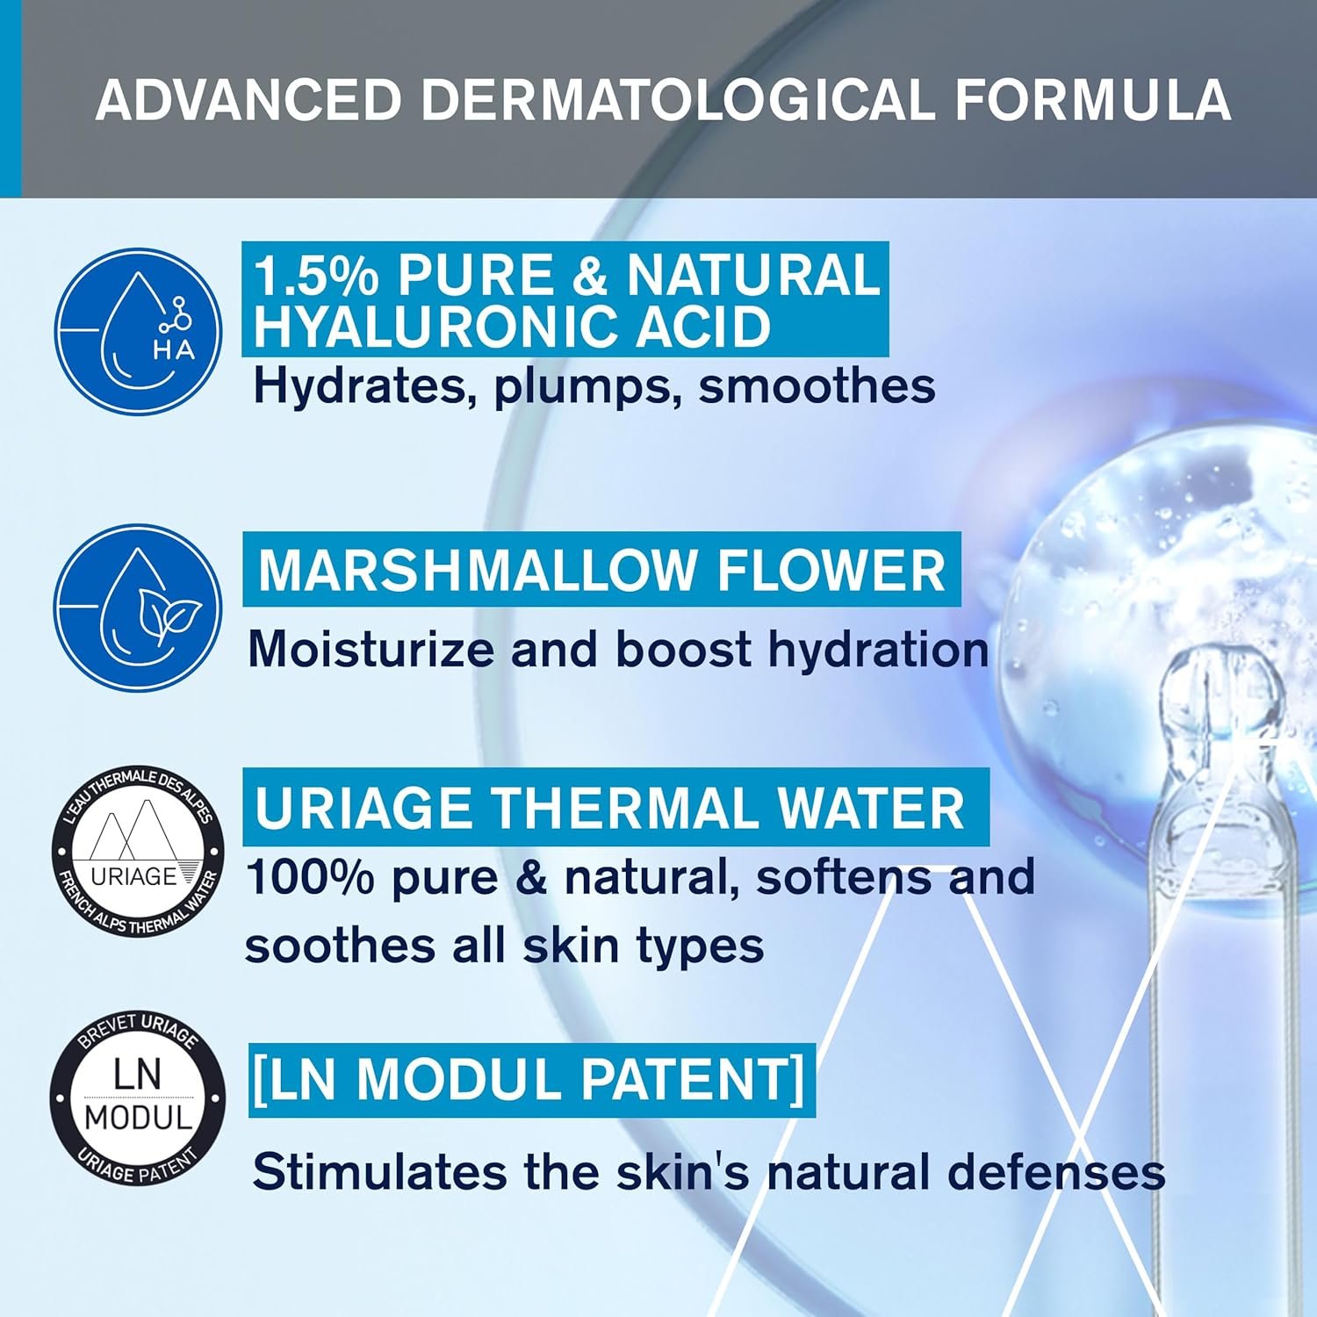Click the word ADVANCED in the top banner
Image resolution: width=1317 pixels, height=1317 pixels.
point(248,99)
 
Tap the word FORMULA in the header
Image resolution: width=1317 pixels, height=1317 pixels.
point(1092,99)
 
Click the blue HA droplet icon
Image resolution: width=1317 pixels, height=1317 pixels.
point(138,332)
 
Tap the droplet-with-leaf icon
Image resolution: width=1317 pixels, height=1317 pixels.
point(138,608)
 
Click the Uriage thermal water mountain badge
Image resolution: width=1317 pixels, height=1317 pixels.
point(138,850)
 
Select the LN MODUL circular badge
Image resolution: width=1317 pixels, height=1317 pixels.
point(138,1097)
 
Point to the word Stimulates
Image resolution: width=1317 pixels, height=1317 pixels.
point(379,1172)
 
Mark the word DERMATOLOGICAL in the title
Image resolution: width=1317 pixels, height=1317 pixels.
point(678,99)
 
